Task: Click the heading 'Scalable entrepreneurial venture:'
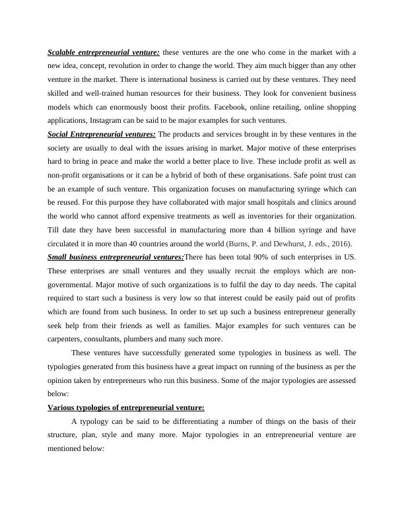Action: pos(103,52)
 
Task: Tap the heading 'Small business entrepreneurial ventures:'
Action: pos(116,257)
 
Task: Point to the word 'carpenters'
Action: pos(65,339)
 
